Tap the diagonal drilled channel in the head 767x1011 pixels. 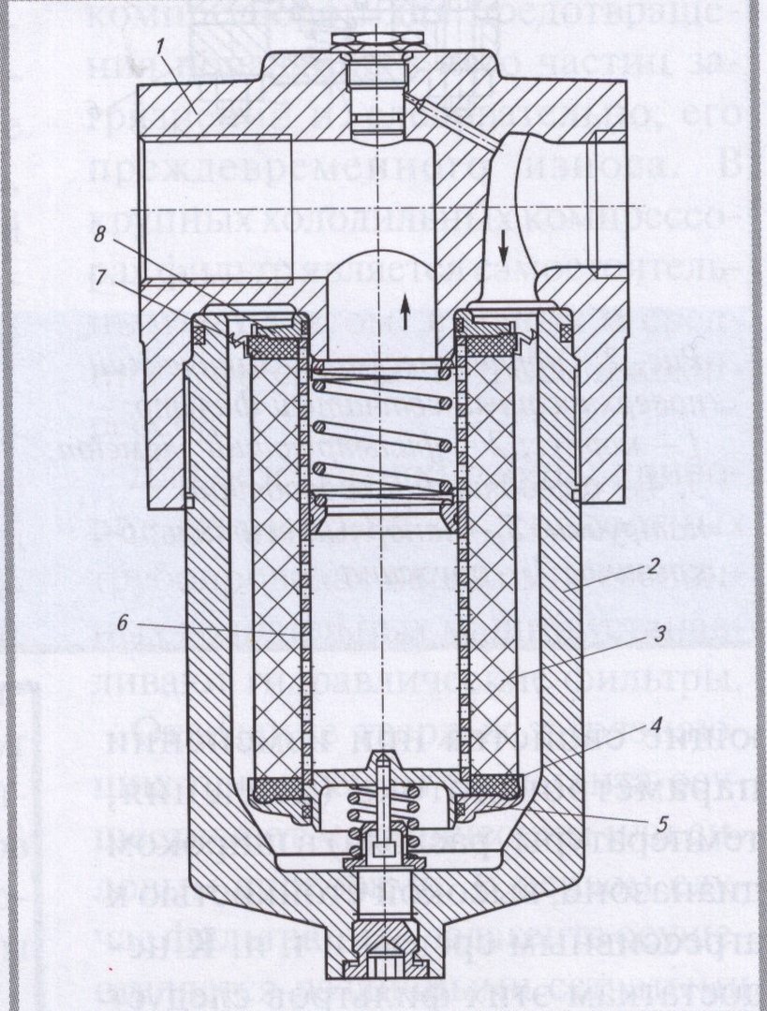coord(450,122)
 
